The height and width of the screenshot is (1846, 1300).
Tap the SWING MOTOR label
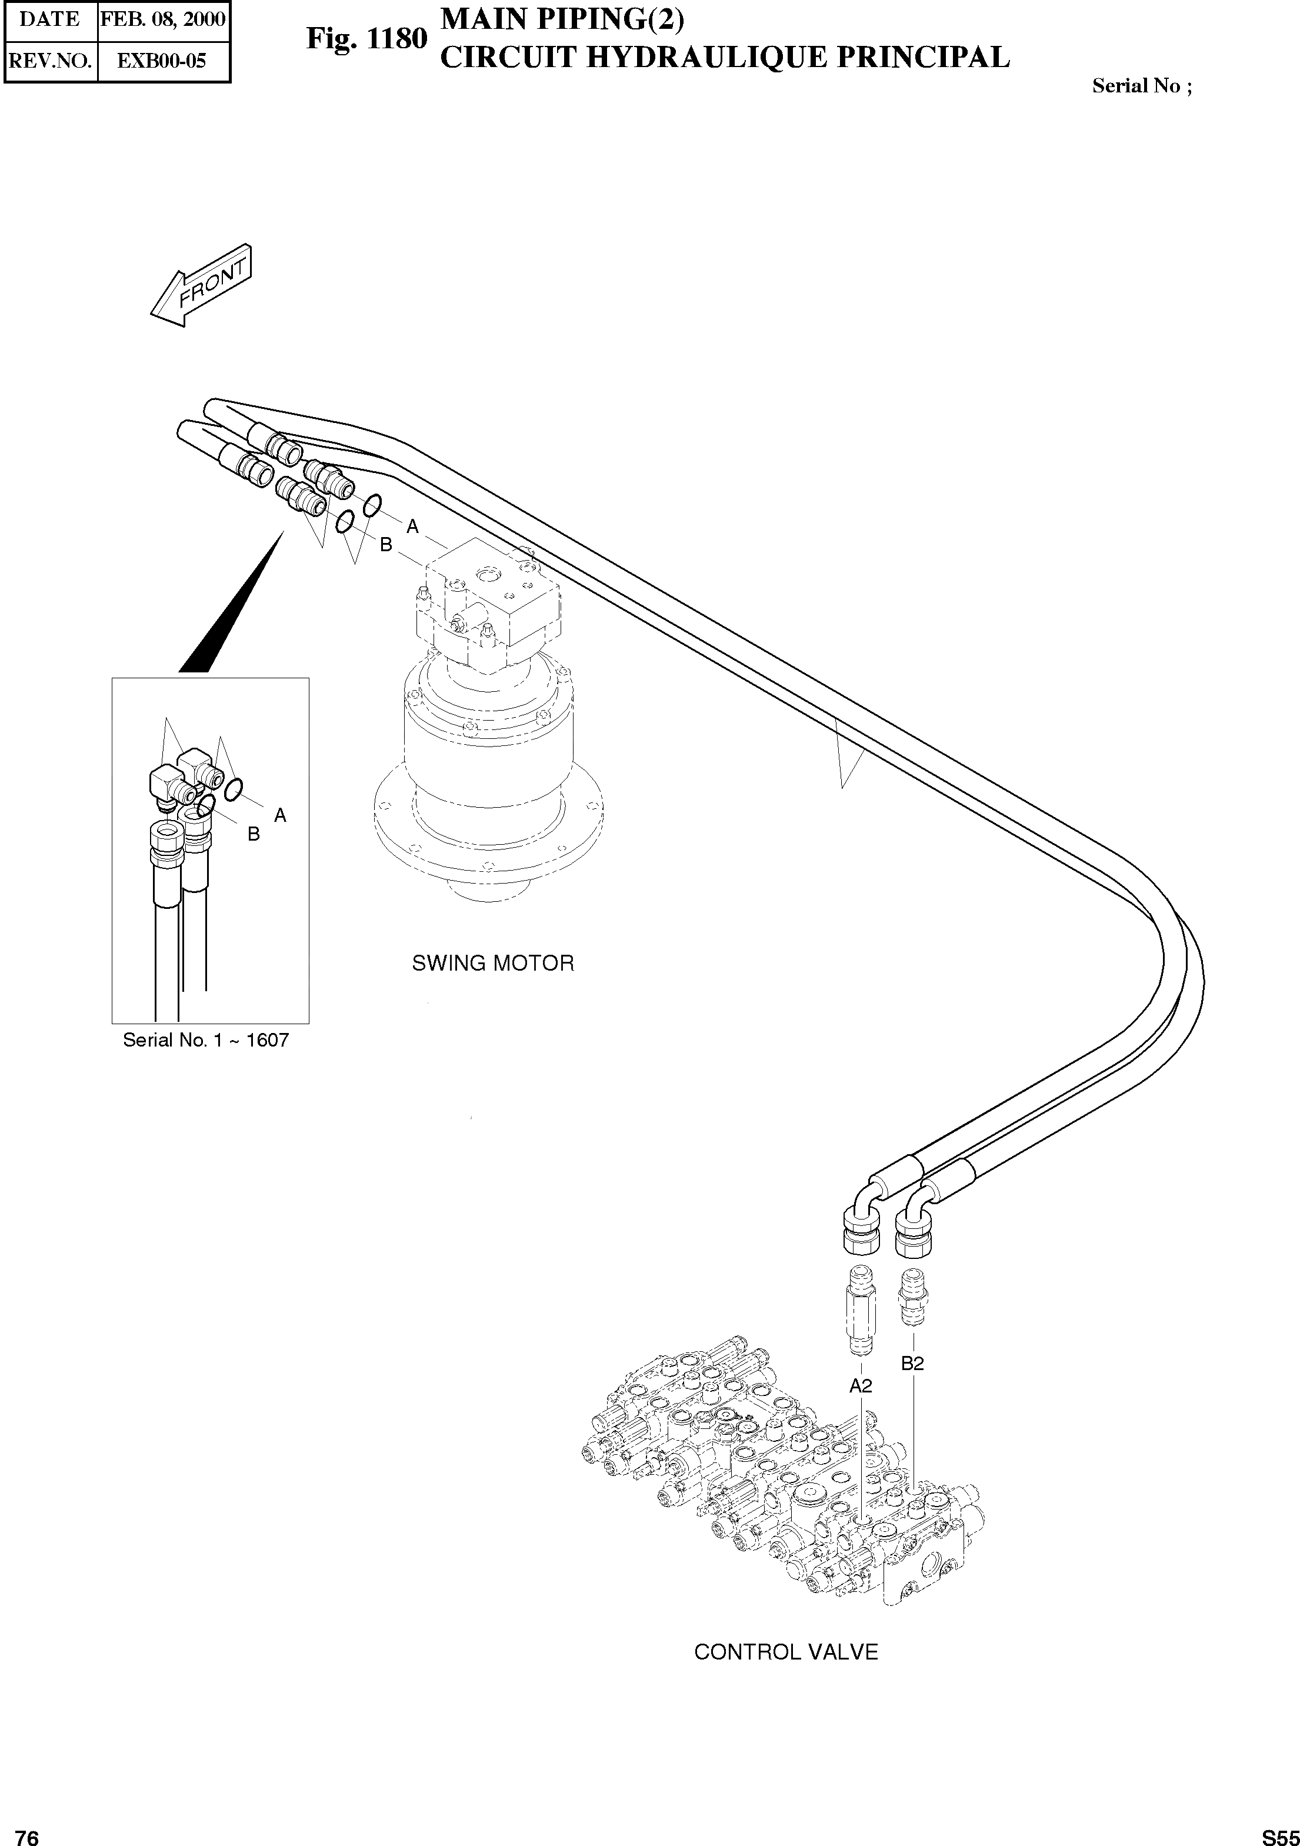(493, 963)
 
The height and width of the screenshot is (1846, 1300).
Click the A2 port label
(860, 1386)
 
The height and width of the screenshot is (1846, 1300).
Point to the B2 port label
(912, 1364)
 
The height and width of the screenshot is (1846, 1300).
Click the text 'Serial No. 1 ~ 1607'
(205, 1041)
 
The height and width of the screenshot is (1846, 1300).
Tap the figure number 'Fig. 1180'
(366, 39)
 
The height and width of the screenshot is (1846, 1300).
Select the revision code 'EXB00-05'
(162, 61)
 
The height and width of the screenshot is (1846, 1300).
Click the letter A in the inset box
(281, 815)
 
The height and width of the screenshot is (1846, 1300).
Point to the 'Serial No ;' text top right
(1142, 86)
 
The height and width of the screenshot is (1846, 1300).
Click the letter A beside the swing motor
(412, 527)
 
